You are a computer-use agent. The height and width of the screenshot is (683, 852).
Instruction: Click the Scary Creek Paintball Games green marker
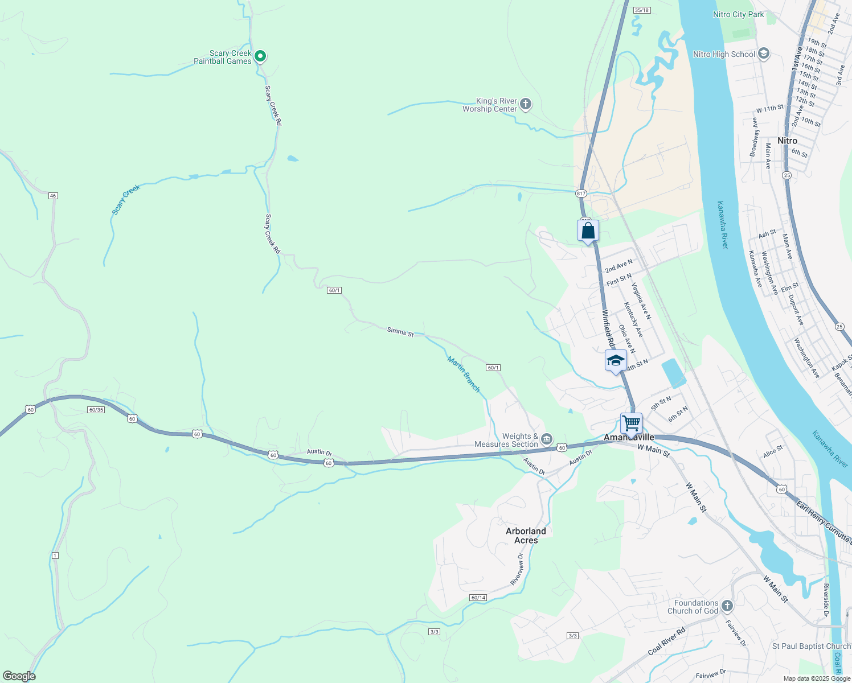260,56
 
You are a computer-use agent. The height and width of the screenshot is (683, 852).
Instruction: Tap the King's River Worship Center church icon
526,104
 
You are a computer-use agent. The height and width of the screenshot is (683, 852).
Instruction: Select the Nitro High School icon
764,54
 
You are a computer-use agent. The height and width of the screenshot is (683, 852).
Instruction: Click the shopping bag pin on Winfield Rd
588,231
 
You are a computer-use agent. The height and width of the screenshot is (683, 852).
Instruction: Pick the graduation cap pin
616,361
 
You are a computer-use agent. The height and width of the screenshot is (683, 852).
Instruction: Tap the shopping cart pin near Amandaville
631,423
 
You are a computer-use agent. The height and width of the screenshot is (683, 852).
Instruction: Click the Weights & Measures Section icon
547,439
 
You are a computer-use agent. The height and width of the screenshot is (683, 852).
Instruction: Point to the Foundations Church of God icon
727,606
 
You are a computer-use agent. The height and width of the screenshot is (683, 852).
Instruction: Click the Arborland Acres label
526,536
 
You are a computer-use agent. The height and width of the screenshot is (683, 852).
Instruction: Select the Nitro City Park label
738,14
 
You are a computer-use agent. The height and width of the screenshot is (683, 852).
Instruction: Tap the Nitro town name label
788,141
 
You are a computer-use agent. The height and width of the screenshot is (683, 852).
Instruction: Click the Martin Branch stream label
464,374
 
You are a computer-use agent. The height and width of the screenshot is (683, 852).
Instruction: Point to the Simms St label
400,331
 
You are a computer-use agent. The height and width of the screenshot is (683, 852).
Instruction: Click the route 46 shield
53,196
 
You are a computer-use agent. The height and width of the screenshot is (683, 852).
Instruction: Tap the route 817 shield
580,194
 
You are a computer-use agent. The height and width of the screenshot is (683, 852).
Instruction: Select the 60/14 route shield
478,598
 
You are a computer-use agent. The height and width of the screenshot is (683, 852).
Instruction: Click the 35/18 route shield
641,10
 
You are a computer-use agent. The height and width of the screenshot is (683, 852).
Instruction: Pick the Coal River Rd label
667,641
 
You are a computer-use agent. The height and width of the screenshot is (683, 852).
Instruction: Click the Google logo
19,676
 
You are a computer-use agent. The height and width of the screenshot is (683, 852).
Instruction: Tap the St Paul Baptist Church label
811,646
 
